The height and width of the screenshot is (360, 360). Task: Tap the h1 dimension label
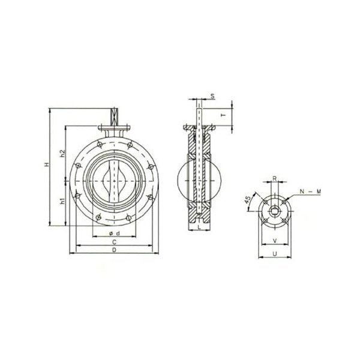coord(62,202)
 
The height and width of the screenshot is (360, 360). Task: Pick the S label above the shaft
coord(212,96)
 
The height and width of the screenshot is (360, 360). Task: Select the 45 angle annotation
coord(248,200)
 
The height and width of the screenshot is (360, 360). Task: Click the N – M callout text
coord(310,191)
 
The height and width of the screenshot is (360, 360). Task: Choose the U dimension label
coord(274,254)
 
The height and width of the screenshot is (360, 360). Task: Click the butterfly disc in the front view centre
coord(113,180)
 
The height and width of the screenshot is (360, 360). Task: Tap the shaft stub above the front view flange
coord(113,116)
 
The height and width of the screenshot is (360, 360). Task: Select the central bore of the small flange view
coord(274,209)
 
